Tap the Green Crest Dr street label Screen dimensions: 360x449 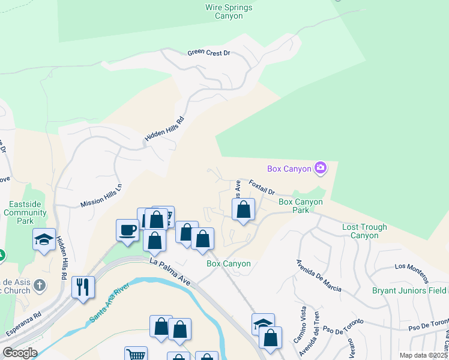tap(209, 53)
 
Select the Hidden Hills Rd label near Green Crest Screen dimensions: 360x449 tap(164, 129)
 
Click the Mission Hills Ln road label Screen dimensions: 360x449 tap(101, 196)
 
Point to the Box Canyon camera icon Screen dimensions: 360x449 tap(321, 168)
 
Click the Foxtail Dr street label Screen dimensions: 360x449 tap(262, 188)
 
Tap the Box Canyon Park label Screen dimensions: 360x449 tap(301, 206)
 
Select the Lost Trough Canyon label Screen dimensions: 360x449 tap(364, 231)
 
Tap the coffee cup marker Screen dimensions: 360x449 tap(127, 230)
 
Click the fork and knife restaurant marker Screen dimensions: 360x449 tap(82, 286)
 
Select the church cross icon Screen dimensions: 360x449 tap(40, 286)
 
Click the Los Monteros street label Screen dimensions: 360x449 tap(411, 272)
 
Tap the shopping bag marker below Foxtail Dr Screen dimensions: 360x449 tap(243, 210)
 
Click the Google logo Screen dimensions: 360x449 tap(20, 353)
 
